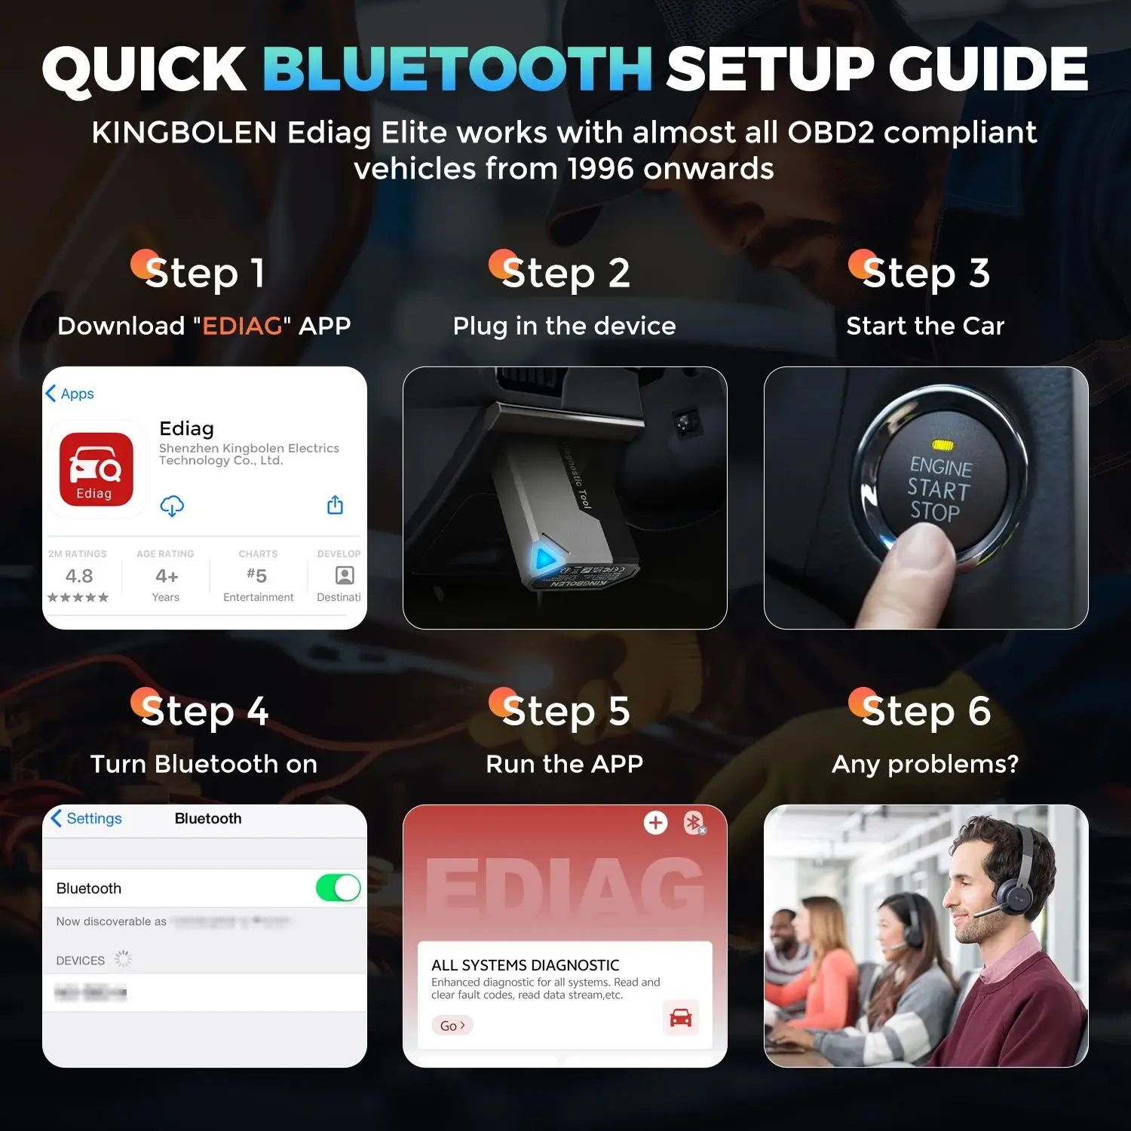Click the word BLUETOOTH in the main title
tap(457, 69)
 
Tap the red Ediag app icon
tap(96, 469)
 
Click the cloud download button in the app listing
tap(172, 506)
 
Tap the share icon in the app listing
tap(336, 505)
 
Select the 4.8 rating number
tap(79, 576)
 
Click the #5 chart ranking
tap(257, 576)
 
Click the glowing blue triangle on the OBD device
tap(544, 559)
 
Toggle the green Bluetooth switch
tap(338, 887)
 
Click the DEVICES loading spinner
tap(123, 959)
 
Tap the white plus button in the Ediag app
tap(655, 823)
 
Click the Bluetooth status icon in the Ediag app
tap(693, 823)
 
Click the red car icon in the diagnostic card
tap(680, 1018)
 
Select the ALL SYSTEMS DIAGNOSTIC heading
tap(525, 965)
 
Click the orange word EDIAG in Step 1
tap(242, 326)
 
